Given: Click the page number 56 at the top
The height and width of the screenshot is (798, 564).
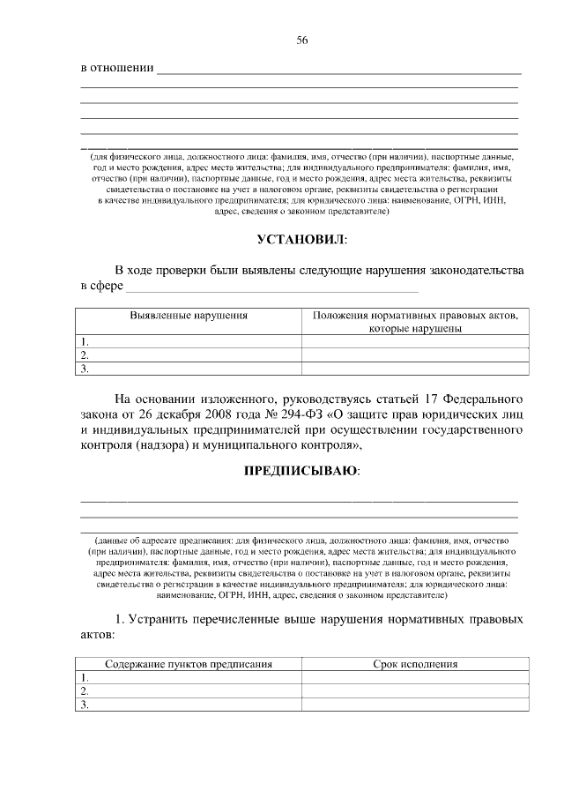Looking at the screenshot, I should pyautogui.click(x=302, y=41).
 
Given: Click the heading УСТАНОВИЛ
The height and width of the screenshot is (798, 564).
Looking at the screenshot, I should pyautogui.click(x=301, y=239).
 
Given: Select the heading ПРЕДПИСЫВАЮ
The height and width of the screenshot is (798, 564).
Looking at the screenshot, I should pyautogui.click(x=301, y=471).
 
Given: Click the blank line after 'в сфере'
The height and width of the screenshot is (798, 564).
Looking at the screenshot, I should pyautogui.click(x=272, y=287).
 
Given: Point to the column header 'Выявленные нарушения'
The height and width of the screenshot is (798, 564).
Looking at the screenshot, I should pyautogui.click(x=189, y=315).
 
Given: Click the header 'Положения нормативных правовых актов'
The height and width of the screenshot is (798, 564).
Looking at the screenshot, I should pyautogui.click(x=415, y=315).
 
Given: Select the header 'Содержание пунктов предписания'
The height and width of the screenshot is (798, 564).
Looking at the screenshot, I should pyautogui.click(x=189, y=663).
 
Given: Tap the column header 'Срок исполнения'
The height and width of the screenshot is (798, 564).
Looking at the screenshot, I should pyautogui.click(x=415, y=663).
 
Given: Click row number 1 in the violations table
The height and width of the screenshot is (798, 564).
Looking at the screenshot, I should pyautogui.click(x=85, y=341).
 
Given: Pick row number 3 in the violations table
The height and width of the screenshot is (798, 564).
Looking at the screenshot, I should pyautogui.click(x=85, y=369).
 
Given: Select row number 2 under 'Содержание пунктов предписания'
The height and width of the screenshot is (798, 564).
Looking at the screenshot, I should pyautogui.click(x=85, y=690).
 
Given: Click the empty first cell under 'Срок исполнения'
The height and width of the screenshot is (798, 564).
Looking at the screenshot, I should pyautogui.click(x=415, y=677).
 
